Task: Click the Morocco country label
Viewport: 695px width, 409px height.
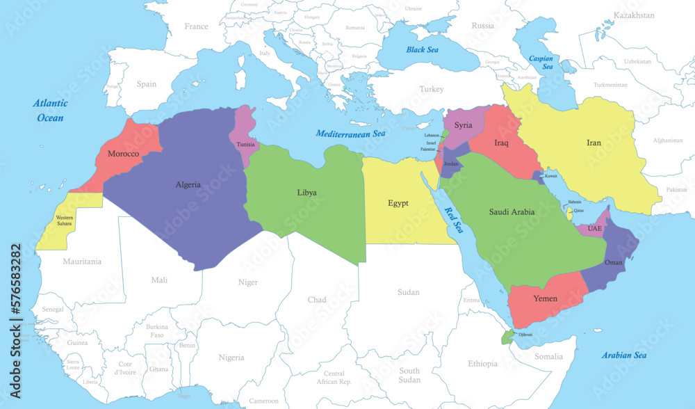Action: coord(124,153)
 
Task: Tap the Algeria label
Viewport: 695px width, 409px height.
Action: coord(188,185)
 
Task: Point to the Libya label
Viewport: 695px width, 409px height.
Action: coord(306,192)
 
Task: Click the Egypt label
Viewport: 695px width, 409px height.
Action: coord(398,203)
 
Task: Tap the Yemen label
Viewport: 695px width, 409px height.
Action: coord(545,298)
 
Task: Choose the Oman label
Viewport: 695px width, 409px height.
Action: coord(614,262)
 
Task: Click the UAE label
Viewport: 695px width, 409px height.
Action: coord(595,228)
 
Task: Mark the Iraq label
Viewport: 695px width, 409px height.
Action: coord(502,143)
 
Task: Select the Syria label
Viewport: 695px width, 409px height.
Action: coord(463,125)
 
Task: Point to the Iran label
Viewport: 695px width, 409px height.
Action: coord(594,143)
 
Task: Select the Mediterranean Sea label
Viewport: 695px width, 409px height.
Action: coord(350,133)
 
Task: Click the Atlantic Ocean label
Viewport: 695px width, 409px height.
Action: coord(51,111)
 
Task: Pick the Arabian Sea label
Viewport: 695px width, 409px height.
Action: coord(624,355)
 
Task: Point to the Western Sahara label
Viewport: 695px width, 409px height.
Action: coord(65,220)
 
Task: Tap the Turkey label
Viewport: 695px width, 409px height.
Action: coord(431,89)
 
